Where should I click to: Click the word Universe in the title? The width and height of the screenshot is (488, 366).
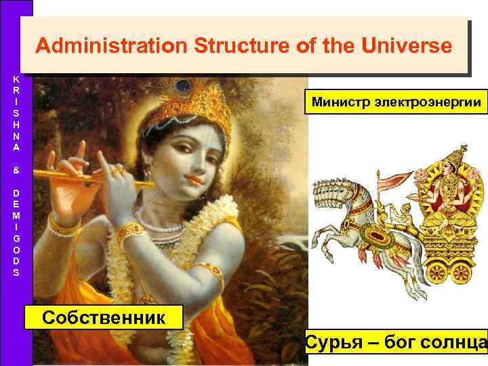408,47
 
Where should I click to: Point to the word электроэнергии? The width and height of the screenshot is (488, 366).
424,104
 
